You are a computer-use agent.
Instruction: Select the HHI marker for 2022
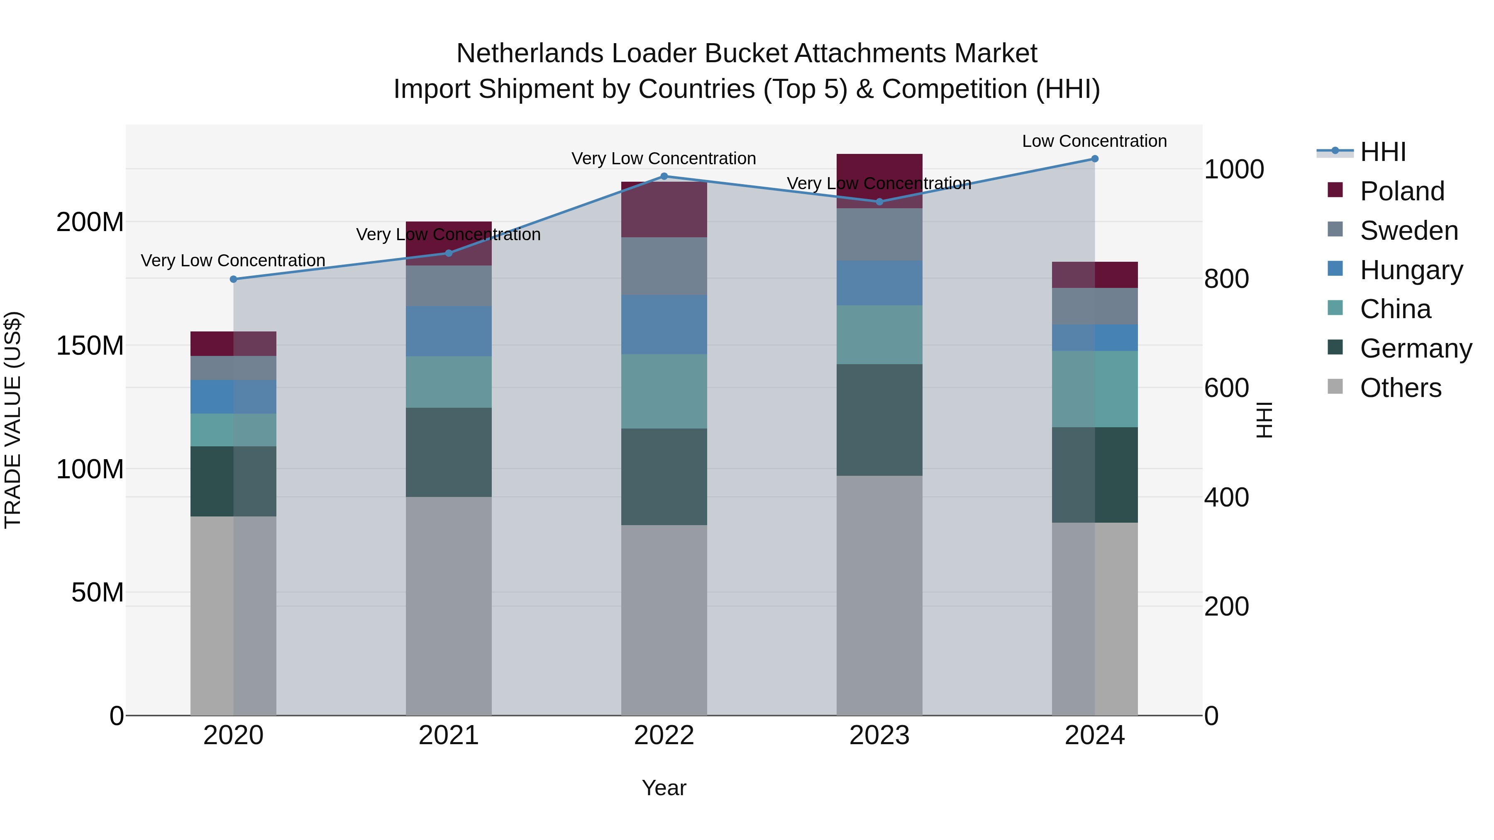tap(664, 176)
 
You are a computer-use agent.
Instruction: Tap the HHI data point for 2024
tap(1094, 159)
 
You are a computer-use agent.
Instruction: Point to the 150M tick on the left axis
tap(90, 346)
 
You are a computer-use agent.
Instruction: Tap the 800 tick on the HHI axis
tap(1226, 279)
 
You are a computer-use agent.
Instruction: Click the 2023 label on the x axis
tap(879, 735)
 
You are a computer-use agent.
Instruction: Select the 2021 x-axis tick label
tap(448, 735)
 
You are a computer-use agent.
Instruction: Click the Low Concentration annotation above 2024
tap(1094, 141)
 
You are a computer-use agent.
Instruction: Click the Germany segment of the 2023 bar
tap(879, 420)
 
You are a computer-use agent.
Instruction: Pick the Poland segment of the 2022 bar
tap(664, 209)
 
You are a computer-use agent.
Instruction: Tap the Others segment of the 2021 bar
tap(448, 606)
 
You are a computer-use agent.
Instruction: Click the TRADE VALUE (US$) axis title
tap(13, 420)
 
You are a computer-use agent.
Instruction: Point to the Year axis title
tap(664, 788)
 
